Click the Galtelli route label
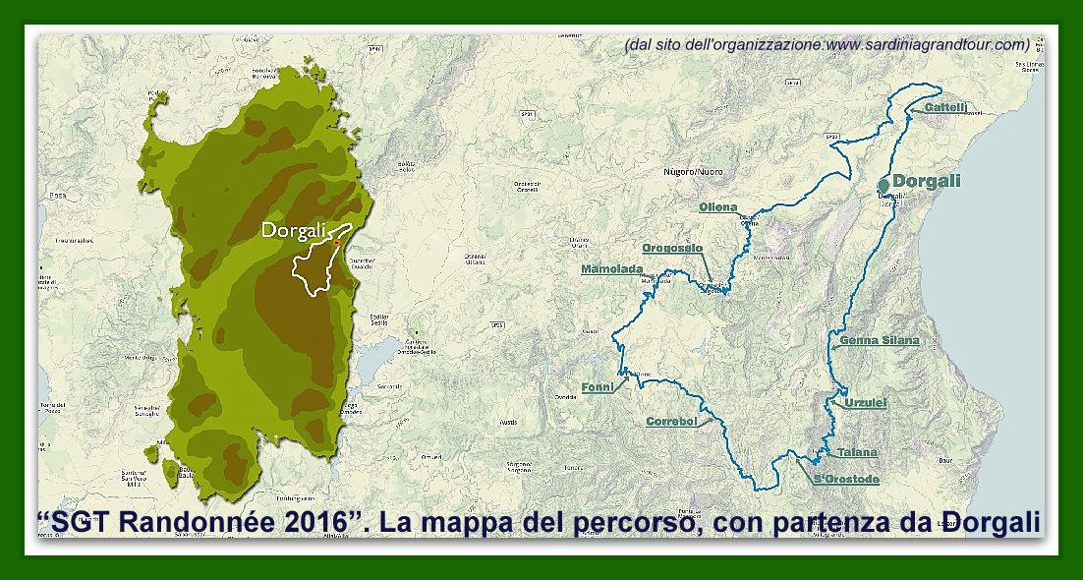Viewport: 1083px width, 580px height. pyautogui.click(x=948, y=106)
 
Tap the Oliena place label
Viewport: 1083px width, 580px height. pyautogui.click(x=717, y=207)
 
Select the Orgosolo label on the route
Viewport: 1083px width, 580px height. pyautogui.click(x=672, y=249)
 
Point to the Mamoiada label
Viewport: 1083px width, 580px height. pyautogui.click(x=611, y=269)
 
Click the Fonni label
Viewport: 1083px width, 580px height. pyautogui.click(x=597, y=386)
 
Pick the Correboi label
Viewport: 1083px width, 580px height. pyautogui.click(x=671, y=422)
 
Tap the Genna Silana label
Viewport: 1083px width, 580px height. pyautogui.click(x=880, y=341)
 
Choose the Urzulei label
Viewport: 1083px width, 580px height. pyautogui.click(x=866, y=403)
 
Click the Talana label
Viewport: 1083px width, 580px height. pyautogui.click(x=857, y=453)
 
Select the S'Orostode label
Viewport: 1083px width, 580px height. pyautogui.click(x=846, y=479)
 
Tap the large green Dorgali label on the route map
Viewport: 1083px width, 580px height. pyautogui.click(x=927, y=181)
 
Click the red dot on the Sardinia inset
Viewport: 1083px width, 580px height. pyautogui.click(x=336, y=242)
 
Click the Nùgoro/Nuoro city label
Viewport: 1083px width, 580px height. pyautogui.click(x=693, y=172)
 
